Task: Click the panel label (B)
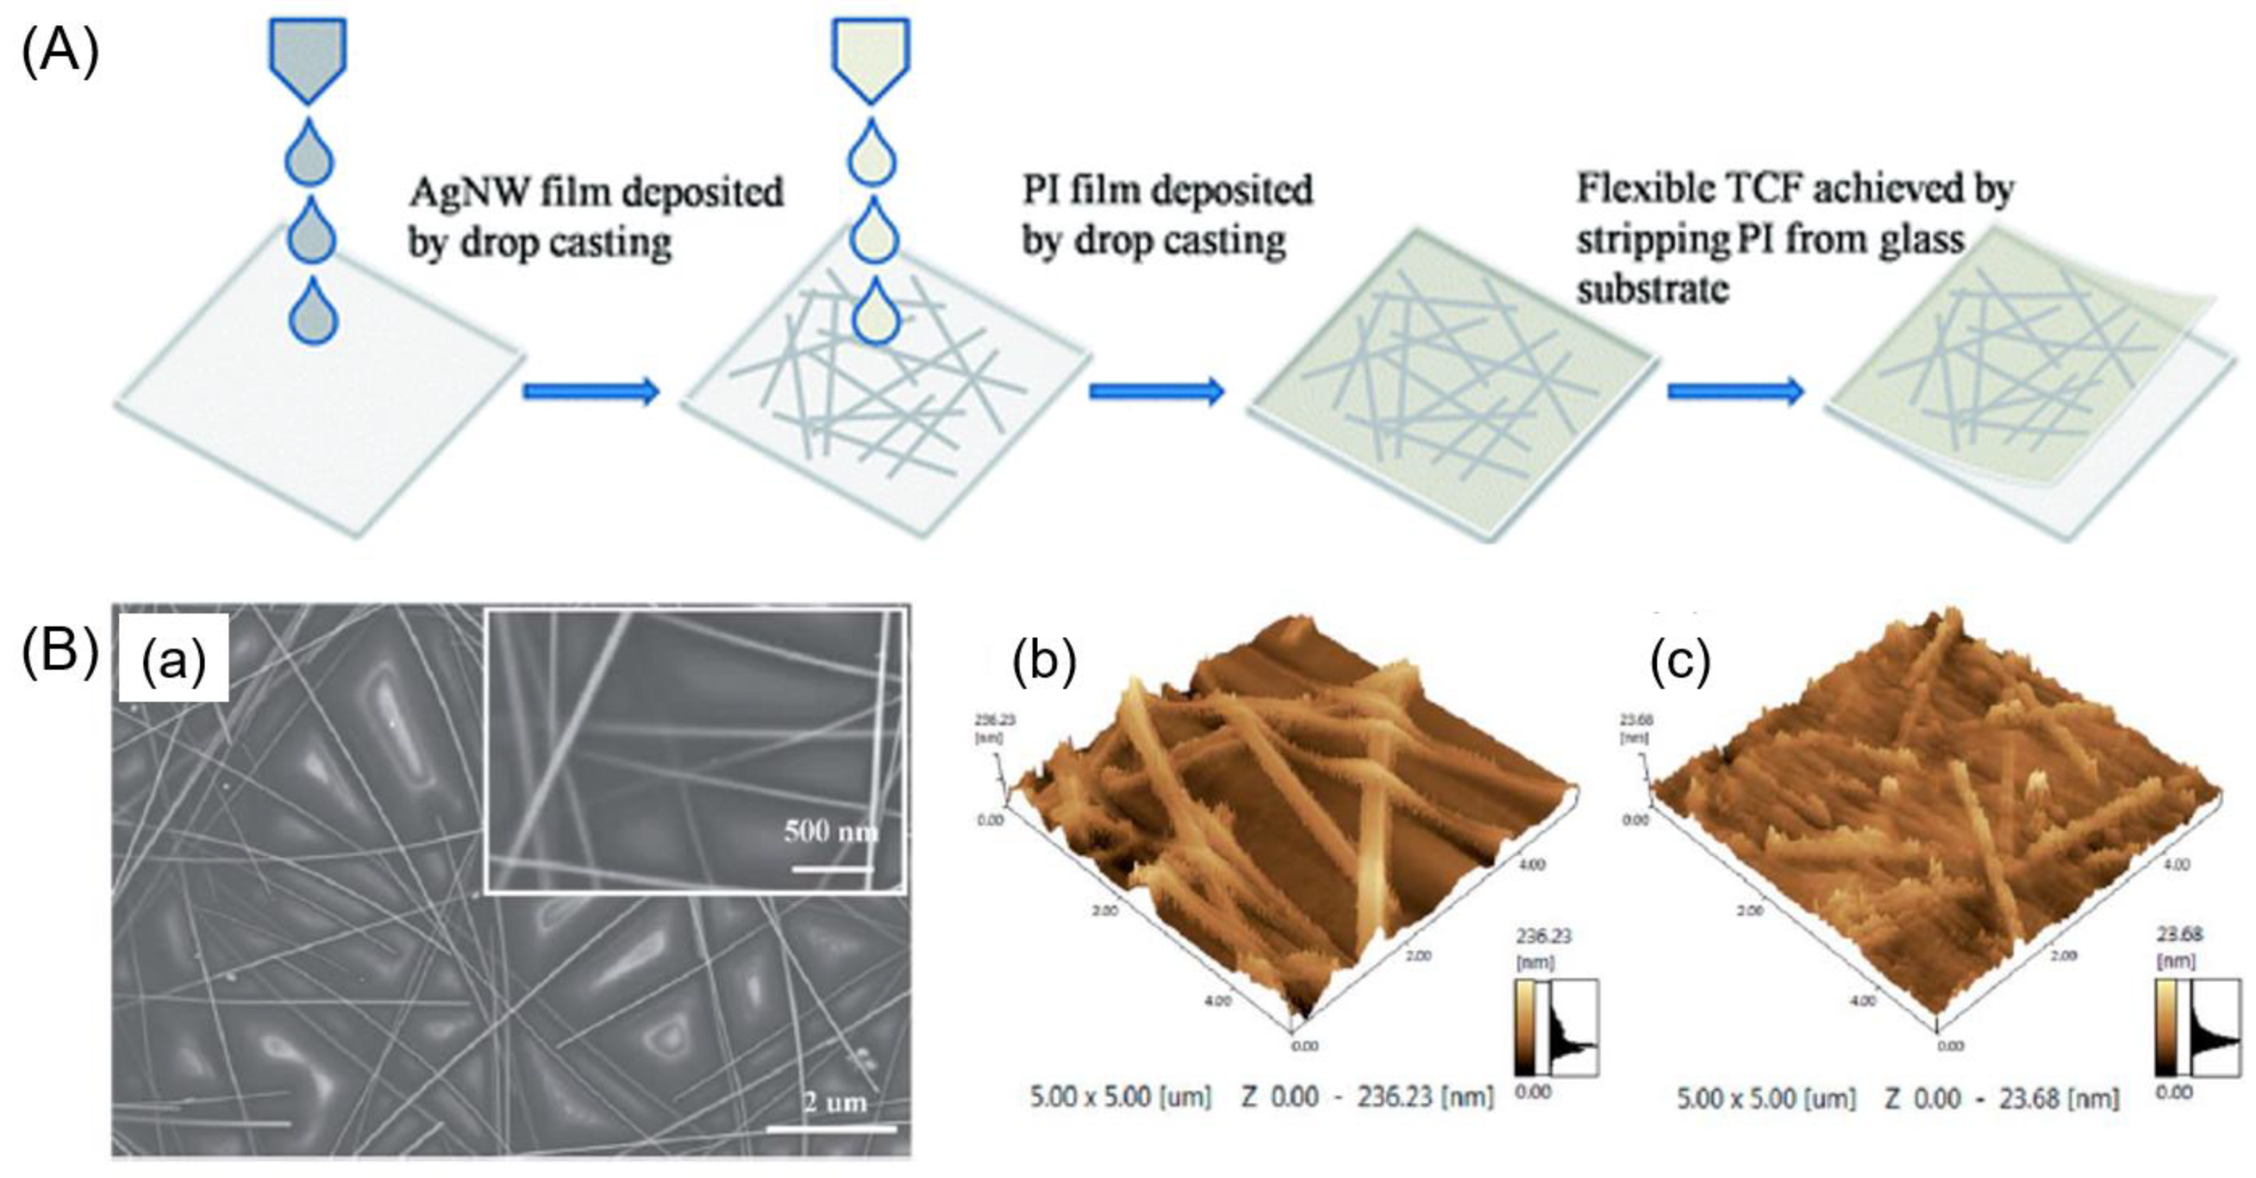(x=60, y=652)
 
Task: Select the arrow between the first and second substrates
(x=591, y=391)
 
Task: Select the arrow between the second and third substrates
(x=1156, y=391)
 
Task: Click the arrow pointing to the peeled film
(x=1735, y=391)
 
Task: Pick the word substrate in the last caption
(x=1653, y=289)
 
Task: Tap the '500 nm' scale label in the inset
(x=830, y=831)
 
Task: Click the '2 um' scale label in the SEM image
(x=834, y=1102)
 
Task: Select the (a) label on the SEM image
(x=174, y=659)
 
